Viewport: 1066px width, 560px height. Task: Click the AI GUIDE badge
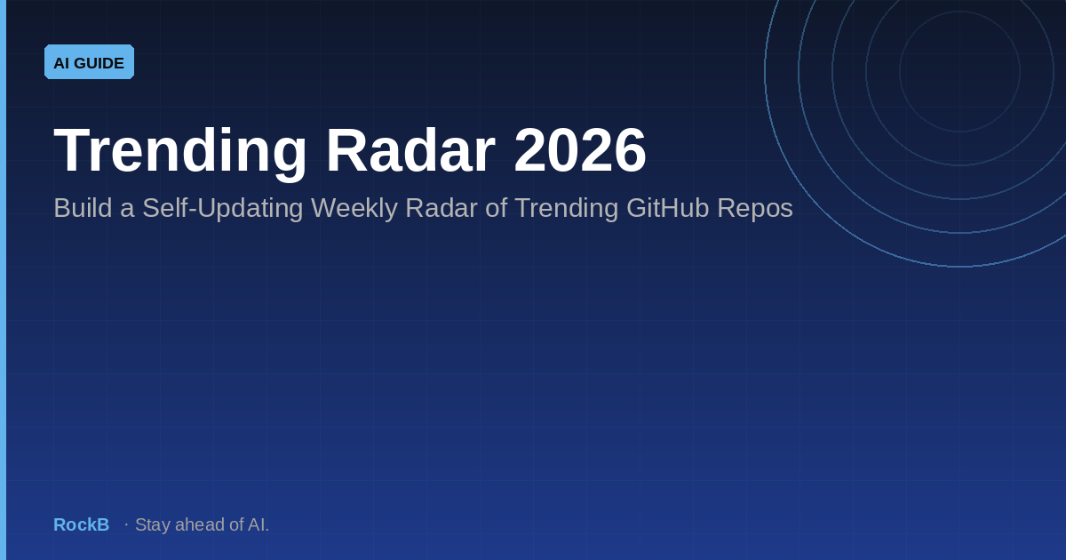(89, 62)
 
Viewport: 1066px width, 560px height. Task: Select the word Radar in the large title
(410, 150)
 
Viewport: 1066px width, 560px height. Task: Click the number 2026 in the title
(580, 150)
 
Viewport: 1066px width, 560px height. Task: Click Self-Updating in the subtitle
(223, 209)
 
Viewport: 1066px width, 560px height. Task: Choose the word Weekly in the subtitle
(354, 209)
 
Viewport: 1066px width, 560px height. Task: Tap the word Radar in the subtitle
(442, 208)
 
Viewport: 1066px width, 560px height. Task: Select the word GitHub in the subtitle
(668, 208)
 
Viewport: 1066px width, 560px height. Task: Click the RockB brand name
(82, 524)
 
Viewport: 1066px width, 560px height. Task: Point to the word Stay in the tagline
(153, 525)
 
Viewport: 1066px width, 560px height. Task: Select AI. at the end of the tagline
(259, 524)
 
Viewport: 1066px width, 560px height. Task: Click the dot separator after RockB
(126, 524)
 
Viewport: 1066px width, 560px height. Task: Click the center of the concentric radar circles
(960, 71)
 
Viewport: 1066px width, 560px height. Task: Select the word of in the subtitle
(497, 208)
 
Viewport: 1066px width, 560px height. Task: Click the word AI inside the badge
(61, 63)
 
